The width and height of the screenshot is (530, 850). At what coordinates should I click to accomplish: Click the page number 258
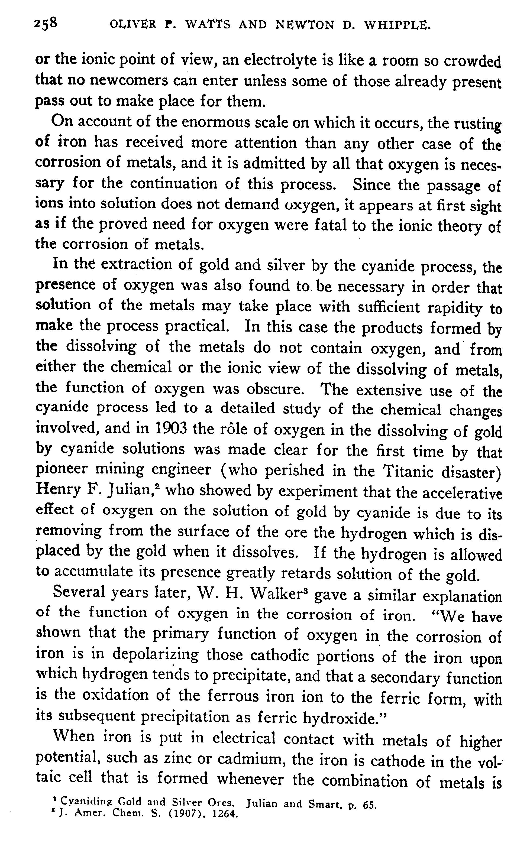(45, 24)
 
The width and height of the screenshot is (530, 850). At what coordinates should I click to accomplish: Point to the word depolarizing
(156, 654)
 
